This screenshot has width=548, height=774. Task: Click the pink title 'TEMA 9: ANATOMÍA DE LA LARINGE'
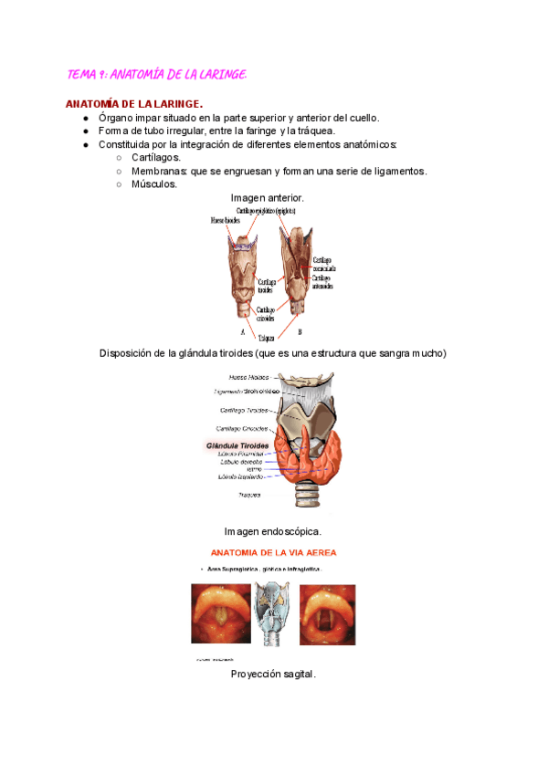[157, 73]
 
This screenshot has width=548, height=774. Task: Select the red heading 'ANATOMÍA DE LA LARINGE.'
[134, 104]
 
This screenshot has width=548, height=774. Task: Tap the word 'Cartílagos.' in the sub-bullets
[156, 158]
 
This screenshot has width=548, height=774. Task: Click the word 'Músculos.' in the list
[154, 184]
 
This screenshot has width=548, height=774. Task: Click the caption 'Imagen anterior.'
[267, 198]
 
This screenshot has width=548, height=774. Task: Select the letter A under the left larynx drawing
[242, 331]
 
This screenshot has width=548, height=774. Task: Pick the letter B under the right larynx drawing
[300, 331]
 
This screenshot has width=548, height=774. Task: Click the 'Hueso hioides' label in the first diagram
[227, 221]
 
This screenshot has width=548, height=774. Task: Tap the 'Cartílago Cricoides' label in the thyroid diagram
[241, 428]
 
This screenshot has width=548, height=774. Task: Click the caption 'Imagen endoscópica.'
[272, 531]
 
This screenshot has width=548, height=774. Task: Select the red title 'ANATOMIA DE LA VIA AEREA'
[273, 553]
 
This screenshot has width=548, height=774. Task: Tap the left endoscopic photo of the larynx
[220, 613]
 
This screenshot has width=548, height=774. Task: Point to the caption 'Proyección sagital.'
[273, 675]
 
